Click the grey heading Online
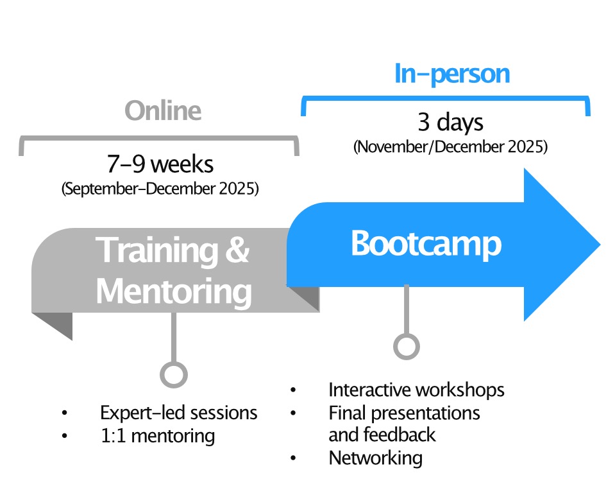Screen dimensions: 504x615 click(x=163, y=110)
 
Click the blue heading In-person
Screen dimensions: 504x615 click(x=452, y=74)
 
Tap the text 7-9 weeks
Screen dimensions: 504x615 click(x=160, y=164)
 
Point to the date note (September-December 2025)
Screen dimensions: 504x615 click(x=160, y=190)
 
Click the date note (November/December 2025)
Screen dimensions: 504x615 click(x=450, y=146)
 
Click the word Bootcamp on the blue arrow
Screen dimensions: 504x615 click(x=426, y=244)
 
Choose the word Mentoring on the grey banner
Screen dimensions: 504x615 click(x=174, y=291)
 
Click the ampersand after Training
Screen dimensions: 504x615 click(x=237, y=250)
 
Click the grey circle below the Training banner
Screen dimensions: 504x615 click(x=174, y=374)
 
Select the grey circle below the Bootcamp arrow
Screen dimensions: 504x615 click(x=406, y=346)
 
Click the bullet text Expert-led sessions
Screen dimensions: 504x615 click(x=178, y=412)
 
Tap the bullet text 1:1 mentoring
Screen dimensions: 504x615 click(x=157, y=436)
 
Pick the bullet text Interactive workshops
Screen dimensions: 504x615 click(x=416, y=390)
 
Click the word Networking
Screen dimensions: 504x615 click(x=375, y=458)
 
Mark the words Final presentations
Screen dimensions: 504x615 click(x=404, y=412)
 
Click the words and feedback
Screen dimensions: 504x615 click(x=382, y=435)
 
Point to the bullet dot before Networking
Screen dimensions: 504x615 click(x=293, y=458)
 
